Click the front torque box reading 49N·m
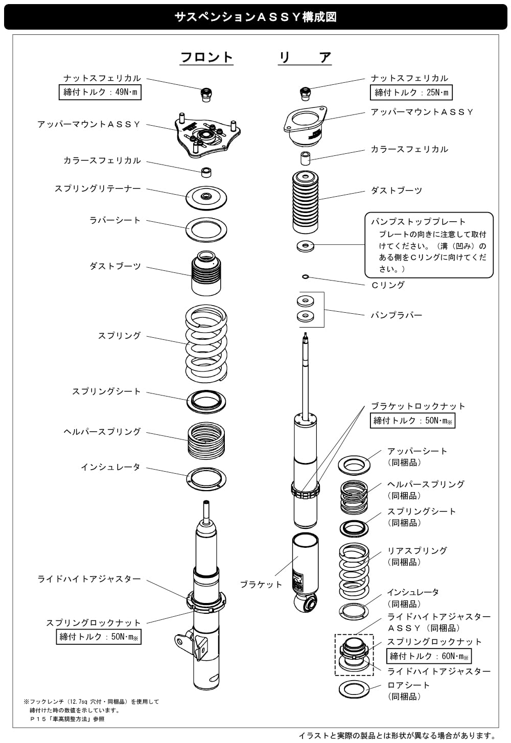pyautogui.click(x=100, y=92)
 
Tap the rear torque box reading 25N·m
pyautogui.click(x=411, y=92)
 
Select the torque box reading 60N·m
pyautogui.click(x=429, y=656)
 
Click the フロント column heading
pyautogui.click(x=206, y=57)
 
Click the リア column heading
pyautogui.click(x=305, y=57)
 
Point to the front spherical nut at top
pyautogui.click(x=206, y=95)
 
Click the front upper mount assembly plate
pyautogui.click(x=207, y=135)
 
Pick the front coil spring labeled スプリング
pyautogui.click(x=206, y=343)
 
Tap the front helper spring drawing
pyautogui.click(x=206, y=439)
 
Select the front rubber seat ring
pyautogui.click(x=206, y=229)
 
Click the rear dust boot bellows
pyautogui.click(x=305, y=202)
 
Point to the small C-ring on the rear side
pyautogui.click(x=306, y=276)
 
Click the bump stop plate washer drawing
pyautogui.click(x=306, y=246)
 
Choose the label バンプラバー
pyautogui.click(x=396, y=315)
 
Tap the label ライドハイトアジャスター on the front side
pyautogui.click(x=89, y=579)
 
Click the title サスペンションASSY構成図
pyautogui.click(x=255, y=17)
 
